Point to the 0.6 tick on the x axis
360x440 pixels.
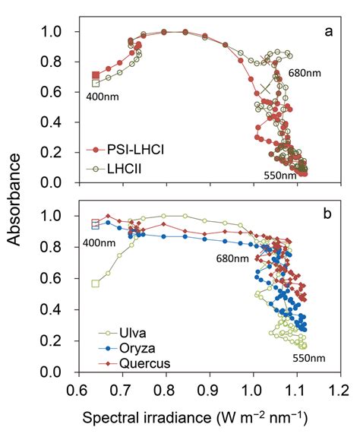(77, 389)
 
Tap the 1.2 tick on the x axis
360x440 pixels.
(339, 389)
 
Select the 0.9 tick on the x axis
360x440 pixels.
(208, 389)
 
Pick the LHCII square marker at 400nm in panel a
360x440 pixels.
(96, 83)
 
